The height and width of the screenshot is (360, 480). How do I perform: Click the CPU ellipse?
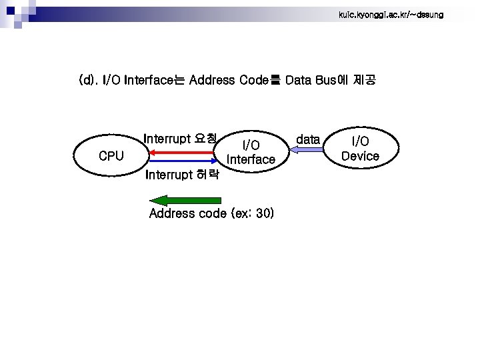pyautogui.click(x=111, y=156)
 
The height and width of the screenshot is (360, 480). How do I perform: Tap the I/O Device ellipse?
pyautogui.click(x=360, y=149)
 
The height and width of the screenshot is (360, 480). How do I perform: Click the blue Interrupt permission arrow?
pyautogui.click(x=183, y=161)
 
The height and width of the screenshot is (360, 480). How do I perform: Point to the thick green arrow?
pyautogui.click(x=186, y=200)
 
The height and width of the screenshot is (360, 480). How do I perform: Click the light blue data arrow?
pyautogui.click(x=305, y=151)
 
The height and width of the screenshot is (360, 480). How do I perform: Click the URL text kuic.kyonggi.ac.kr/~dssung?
pyautogui.click(x=391, y=14)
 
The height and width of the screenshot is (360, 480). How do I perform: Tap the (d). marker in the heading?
pyautogui.click(x=88, y=81)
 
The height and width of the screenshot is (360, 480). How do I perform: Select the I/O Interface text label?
pyautogui.click(x=251, y=152)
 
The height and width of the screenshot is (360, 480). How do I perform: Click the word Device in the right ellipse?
pyautogui.click(x=360, y=156)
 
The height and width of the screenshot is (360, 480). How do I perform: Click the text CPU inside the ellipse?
pyautogui.click(x=111, y=156)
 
